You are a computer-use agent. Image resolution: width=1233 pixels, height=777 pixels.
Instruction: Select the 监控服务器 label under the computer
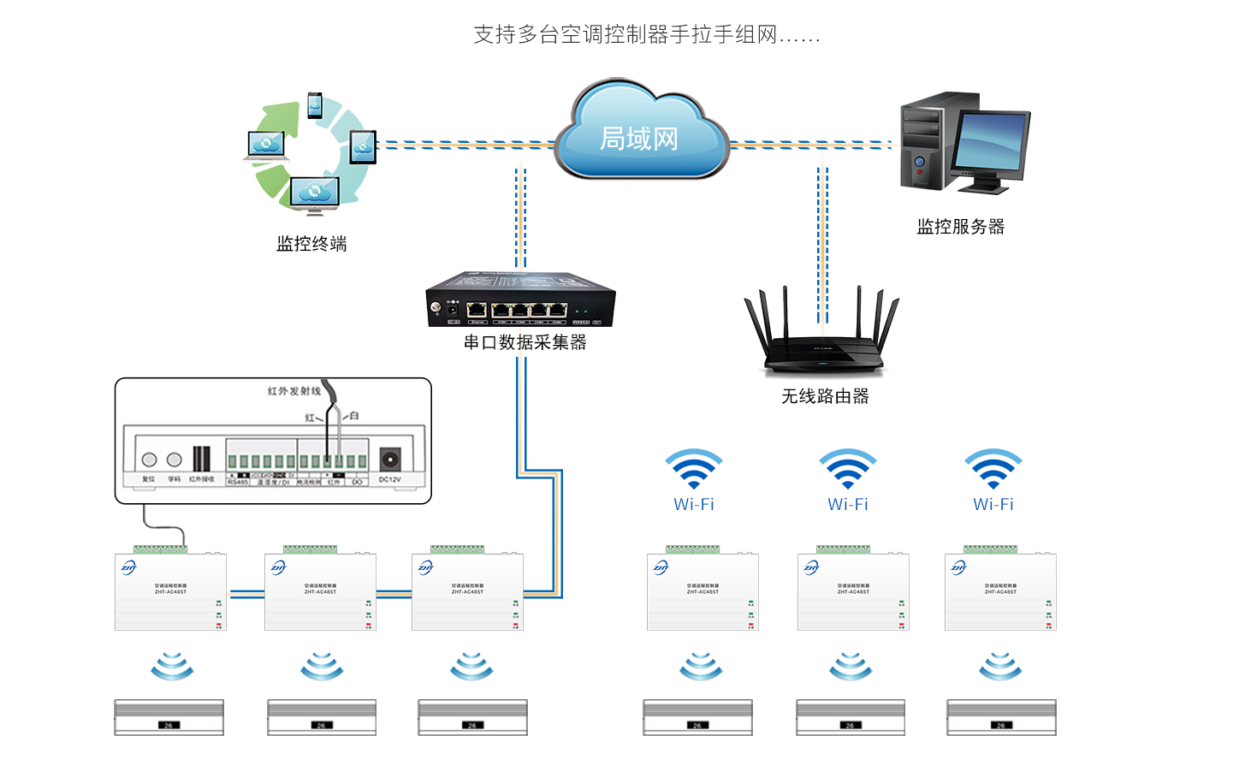(960, 227)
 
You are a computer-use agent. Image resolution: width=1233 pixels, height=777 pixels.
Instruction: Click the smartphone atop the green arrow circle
(315, 105)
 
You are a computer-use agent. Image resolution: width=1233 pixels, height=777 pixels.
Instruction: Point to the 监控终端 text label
(311, 244)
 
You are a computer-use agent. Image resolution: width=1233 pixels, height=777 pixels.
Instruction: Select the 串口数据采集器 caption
(525, 342)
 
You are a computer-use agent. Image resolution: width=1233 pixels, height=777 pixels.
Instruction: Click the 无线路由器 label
(825, 396)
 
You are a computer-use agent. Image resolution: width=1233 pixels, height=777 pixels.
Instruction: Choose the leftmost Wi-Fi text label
(694, 505)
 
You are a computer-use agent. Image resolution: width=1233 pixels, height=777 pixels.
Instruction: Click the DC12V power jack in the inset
(390, 460)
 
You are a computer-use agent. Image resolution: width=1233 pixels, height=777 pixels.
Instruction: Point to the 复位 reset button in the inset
(149, 460)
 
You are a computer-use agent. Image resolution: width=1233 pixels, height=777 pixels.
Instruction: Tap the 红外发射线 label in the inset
(293, 391)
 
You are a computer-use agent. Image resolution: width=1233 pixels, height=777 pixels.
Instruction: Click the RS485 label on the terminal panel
(237, 483)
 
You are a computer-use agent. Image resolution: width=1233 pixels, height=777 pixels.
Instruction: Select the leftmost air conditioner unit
(169, 717)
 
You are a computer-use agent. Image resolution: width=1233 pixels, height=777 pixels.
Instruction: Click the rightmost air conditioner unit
(1001, 717)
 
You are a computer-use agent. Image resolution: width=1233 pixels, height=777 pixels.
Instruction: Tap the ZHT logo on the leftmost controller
(128, 567)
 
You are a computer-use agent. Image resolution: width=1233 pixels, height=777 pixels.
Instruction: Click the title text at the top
(647, 35)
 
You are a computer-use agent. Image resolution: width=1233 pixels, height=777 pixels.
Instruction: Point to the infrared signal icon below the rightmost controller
(1000, 666)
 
